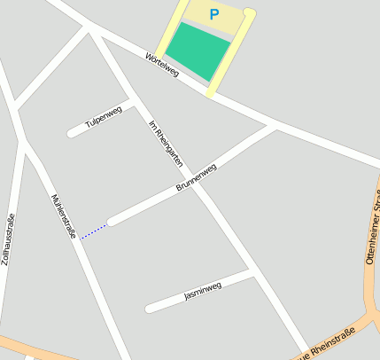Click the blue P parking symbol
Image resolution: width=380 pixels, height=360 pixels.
[213, 14]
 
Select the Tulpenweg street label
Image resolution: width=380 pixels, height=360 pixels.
[104, 119]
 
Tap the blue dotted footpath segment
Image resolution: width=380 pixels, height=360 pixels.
[93, 231]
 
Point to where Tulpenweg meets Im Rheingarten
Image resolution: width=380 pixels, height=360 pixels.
[131, 103]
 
